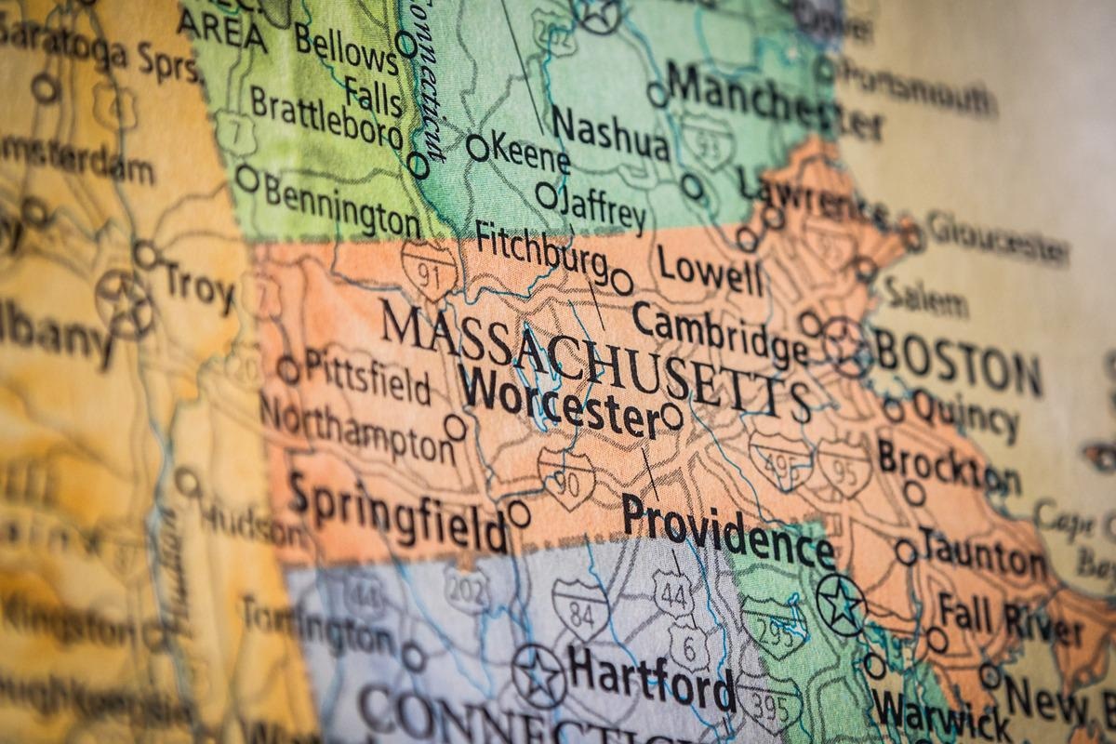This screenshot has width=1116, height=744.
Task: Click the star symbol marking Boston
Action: (x=847, y=346)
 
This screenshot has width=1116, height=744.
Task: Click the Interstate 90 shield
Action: (x=566, y=480)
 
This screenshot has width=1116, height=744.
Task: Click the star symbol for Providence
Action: (x=842, y=604)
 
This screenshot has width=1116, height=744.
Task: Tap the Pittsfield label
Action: (x=367, y=377)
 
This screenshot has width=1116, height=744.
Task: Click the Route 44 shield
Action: (x=672, y=591)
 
